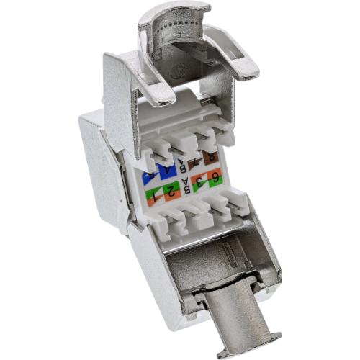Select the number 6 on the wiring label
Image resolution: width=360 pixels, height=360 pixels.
(215, 178)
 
